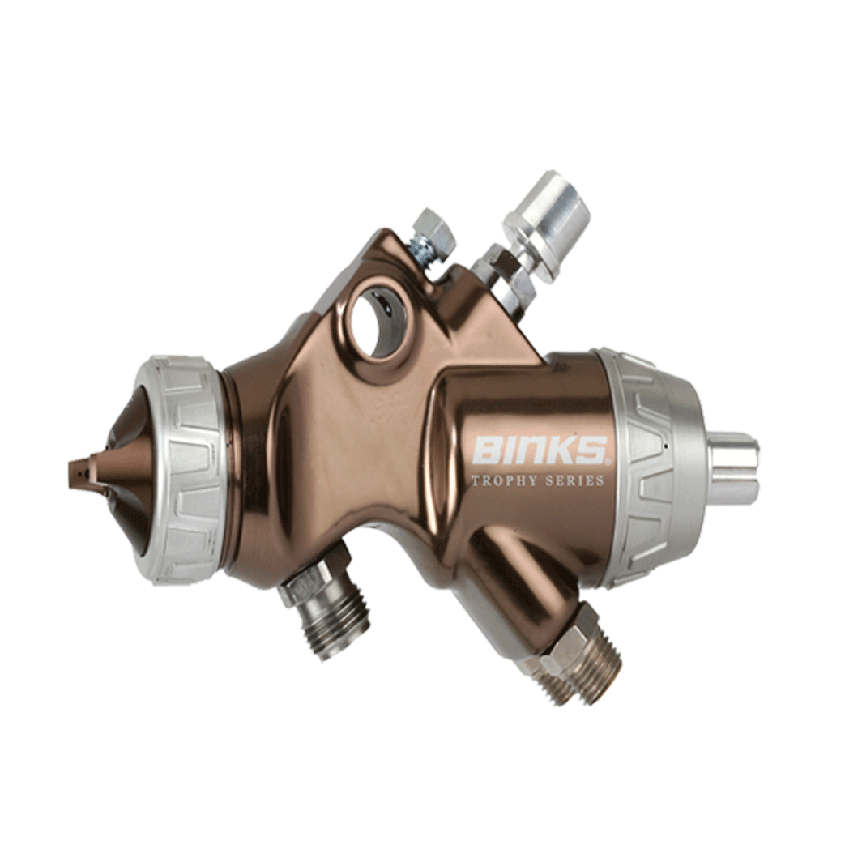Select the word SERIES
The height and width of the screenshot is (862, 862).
(x=575, y=481)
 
